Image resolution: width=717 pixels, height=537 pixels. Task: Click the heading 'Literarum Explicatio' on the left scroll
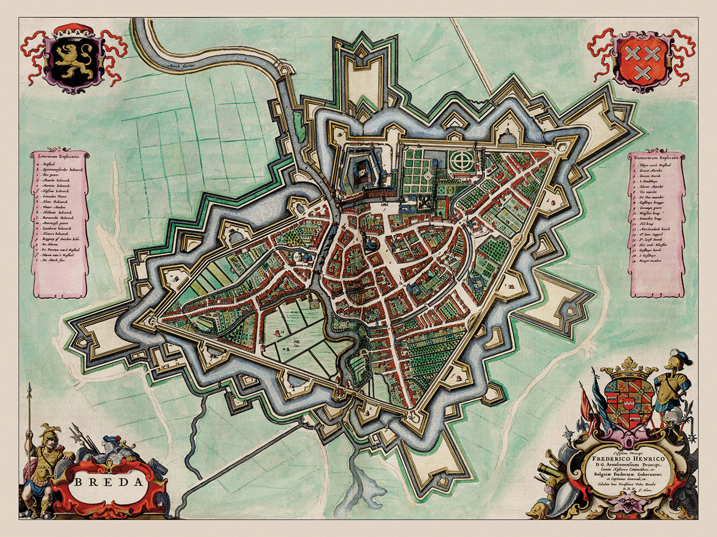click(60, 156)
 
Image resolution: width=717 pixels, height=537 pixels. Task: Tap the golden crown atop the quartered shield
click(628, 366)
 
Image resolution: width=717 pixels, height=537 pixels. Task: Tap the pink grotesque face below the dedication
click(621, 504)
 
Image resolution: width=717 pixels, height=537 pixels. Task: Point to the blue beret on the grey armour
click(111, 439)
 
